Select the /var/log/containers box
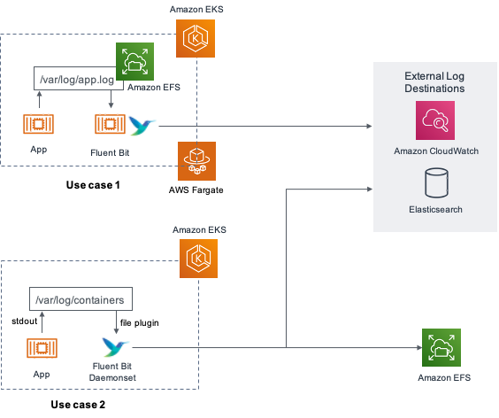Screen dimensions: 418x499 [81, 299]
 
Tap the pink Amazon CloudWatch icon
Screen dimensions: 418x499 [434, 120]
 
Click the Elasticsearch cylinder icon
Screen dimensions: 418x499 [435, 182]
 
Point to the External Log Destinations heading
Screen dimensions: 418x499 [434, 82]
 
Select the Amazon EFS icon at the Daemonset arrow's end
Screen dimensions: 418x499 [441, 347]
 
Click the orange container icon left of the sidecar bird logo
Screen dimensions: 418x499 [106, 125]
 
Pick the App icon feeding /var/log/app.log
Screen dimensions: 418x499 [38, 125]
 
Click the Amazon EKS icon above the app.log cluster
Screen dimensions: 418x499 [195, 39]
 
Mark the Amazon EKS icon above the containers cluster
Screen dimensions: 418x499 [198, 259]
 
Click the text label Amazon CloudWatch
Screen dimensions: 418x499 [436, 151]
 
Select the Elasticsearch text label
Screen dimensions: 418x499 [435, 210]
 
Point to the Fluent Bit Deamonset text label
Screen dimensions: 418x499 [113, 372]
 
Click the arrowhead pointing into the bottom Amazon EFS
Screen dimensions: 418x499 [417, 348]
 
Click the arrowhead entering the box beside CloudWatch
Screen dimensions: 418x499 [369, 127]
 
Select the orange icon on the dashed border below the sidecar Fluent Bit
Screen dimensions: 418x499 [196, 160]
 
